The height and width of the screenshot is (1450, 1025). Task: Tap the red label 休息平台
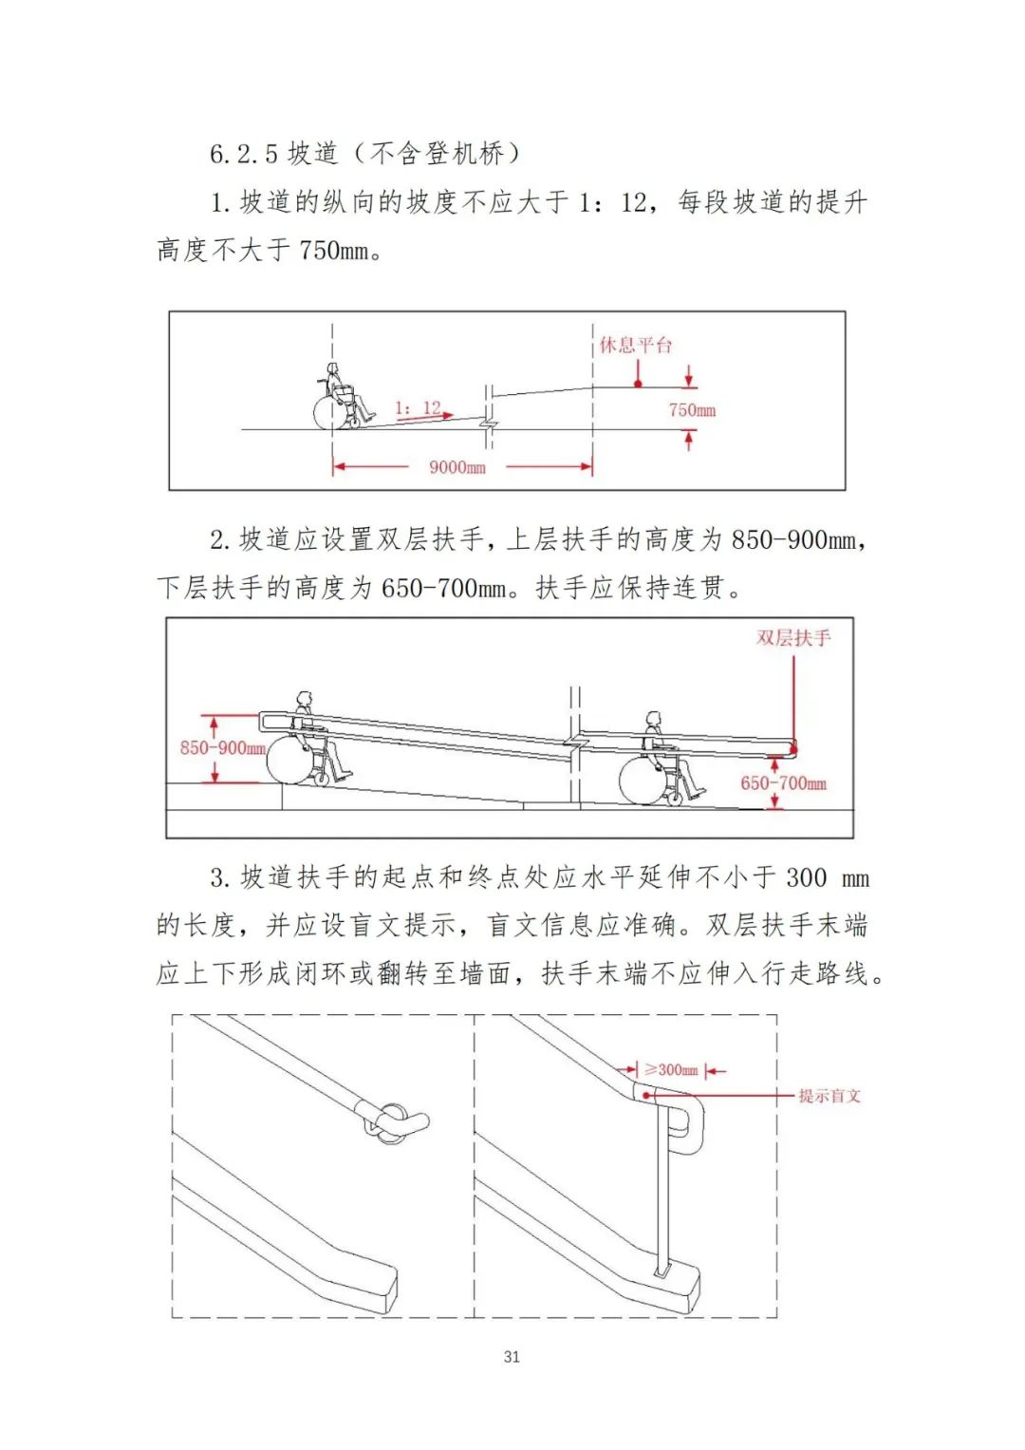(x=635, y=345)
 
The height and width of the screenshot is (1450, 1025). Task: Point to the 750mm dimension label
(x=692, y=410)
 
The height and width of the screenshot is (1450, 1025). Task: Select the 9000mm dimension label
(x=457, y=467)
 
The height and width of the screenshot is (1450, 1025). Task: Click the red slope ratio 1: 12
(x=418, y=408)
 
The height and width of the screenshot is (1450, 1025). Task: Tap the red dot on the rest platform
(x=638, y=384)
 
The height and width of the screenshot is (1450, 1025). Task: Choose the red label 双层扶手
(x=793, y=638)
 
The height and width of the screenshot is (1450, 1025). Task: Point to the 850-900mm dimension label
(x=222, y=748)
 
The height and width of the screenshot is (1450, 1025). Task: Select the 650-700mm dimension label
(x=783, y=783)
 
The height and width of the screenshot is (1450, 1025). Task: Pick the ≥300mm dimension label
(x=671, y=1070)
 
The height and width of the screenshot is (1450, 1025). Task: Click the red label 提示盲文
(x=829, y=1096)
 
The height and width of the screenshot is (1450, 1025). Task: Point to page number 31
(x=512, y=1357)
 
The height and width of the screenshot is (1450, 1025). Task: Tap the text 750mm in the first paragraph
(x=334, y=251)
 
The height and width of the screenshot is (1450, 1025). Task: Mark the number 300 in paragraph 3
(x=806, y=877)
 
